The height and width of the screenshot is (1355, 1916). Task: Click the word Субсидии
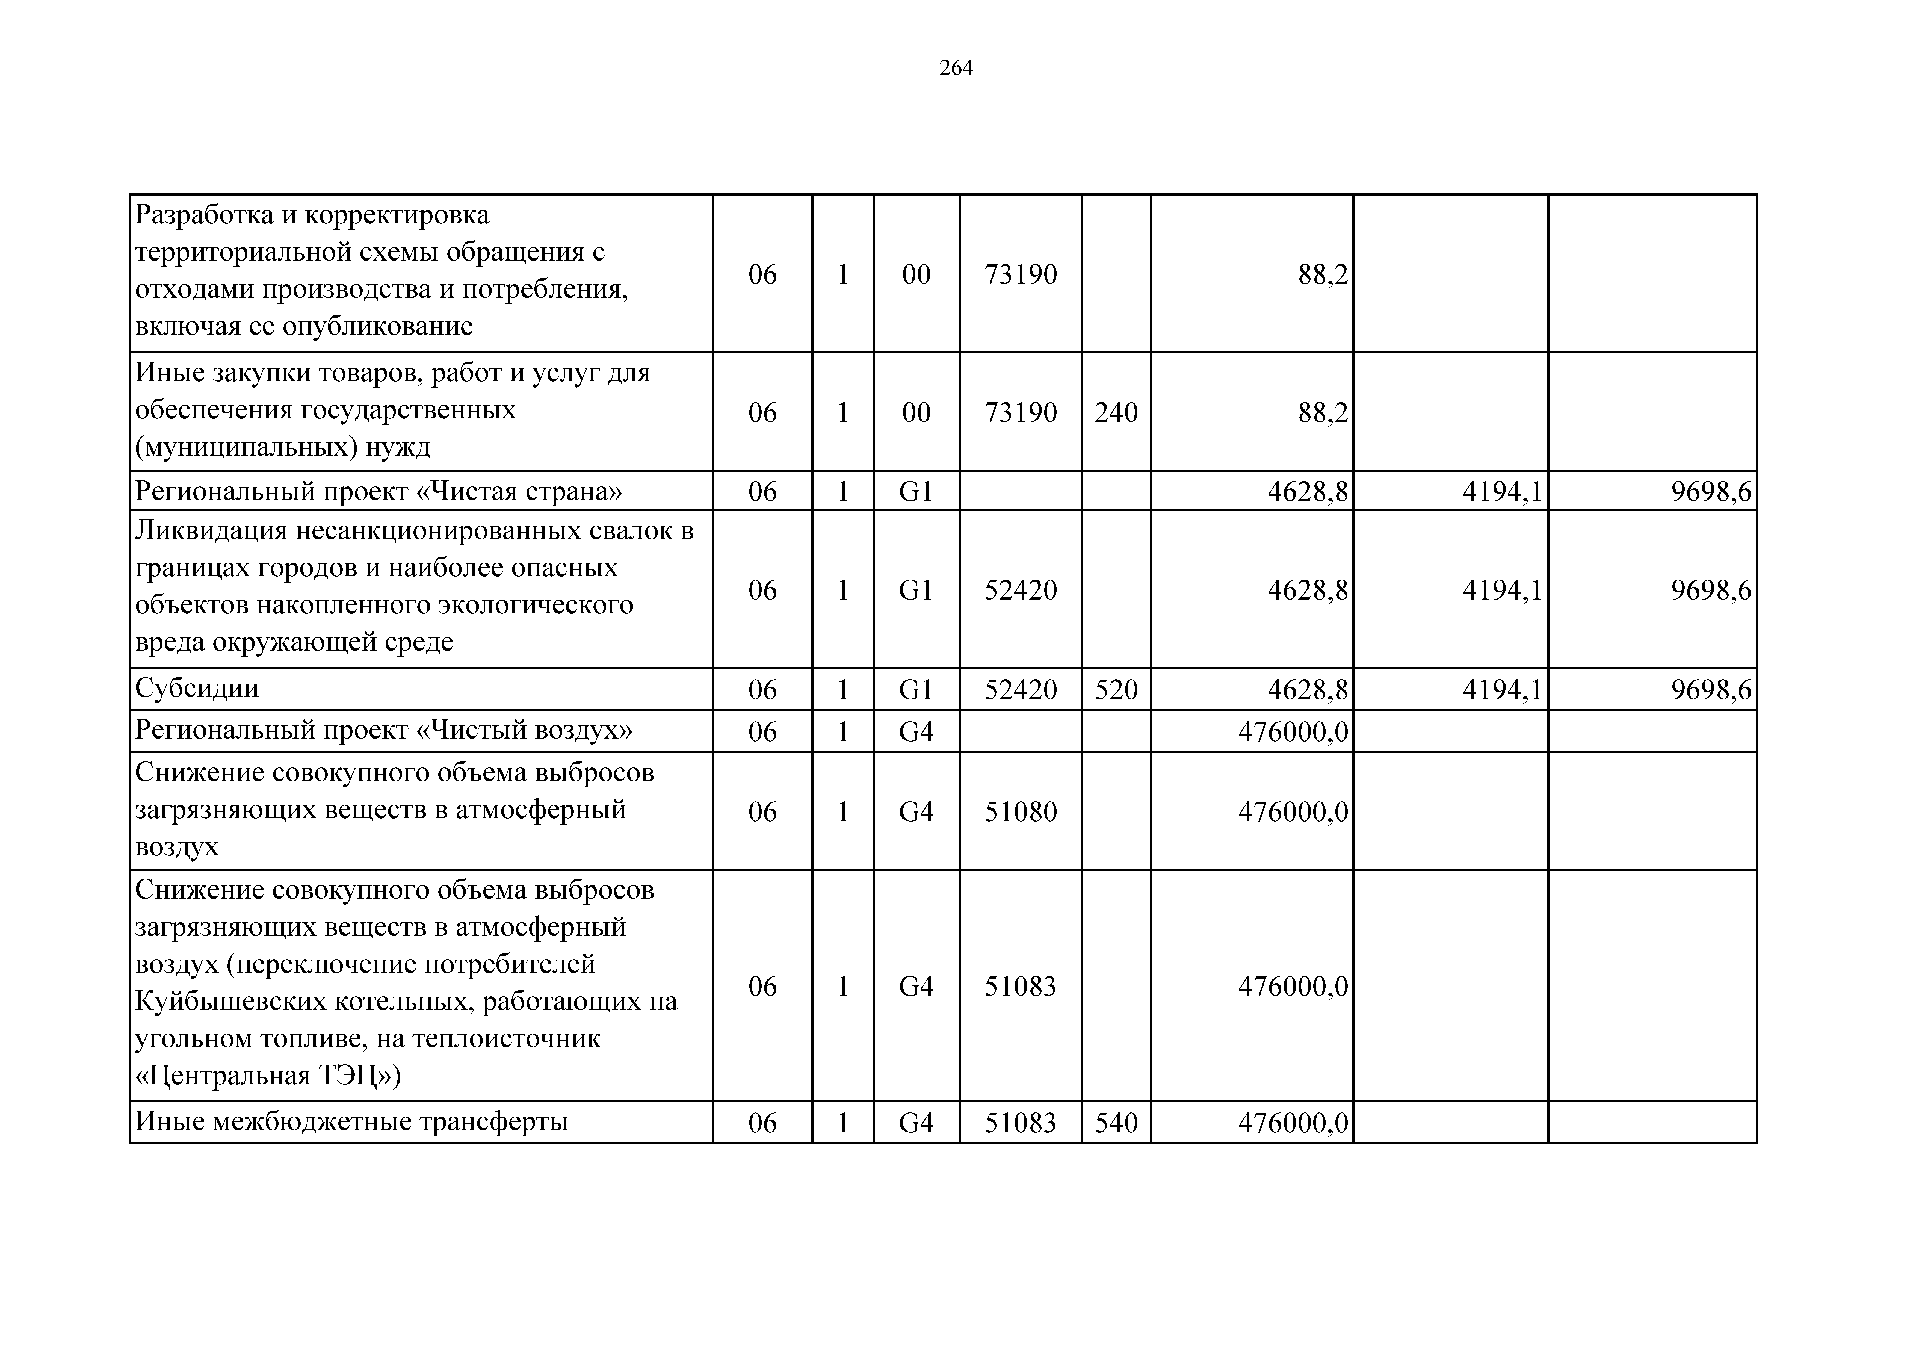point(197,689)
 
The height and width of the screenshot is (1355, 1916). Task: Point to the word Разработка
point(204,215)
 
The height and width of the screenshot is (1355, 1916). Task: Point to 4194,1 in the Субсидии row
point(1502,690)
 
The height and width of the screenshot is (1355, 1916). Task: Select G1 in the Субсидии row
point(915,690)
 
